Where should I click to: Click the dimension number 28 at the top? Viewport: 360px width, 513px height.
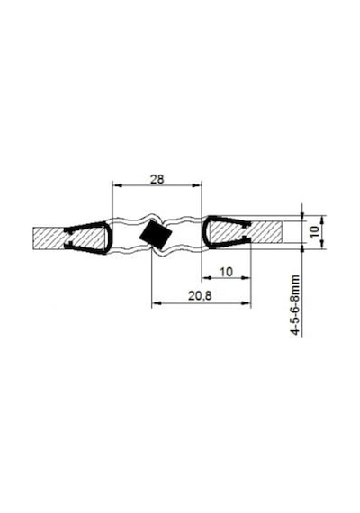point(157,179)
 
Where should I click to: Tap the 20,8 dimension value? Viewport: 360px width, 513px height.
point(200,296)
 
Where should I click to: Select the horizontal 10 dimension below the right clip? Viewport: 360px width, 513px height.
point(226,272)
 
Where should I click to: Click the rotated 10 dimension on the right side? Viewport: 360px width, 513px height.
point(314,231)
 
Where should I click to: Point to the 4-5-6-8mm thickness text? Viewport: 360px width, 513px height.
point(295,305)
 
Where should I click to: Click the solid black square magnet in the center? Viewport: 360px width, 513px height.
point(156,234)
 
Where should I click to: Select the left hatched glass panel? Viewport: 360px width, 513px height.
point(68,238)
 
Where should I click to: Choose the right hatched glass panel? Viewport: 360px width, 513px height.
point(246,232)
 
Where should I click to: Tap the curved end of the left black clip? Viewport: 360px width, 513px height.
point(111,237)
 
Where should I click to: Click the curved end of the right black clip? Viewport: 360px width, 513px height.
point(204,231)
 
